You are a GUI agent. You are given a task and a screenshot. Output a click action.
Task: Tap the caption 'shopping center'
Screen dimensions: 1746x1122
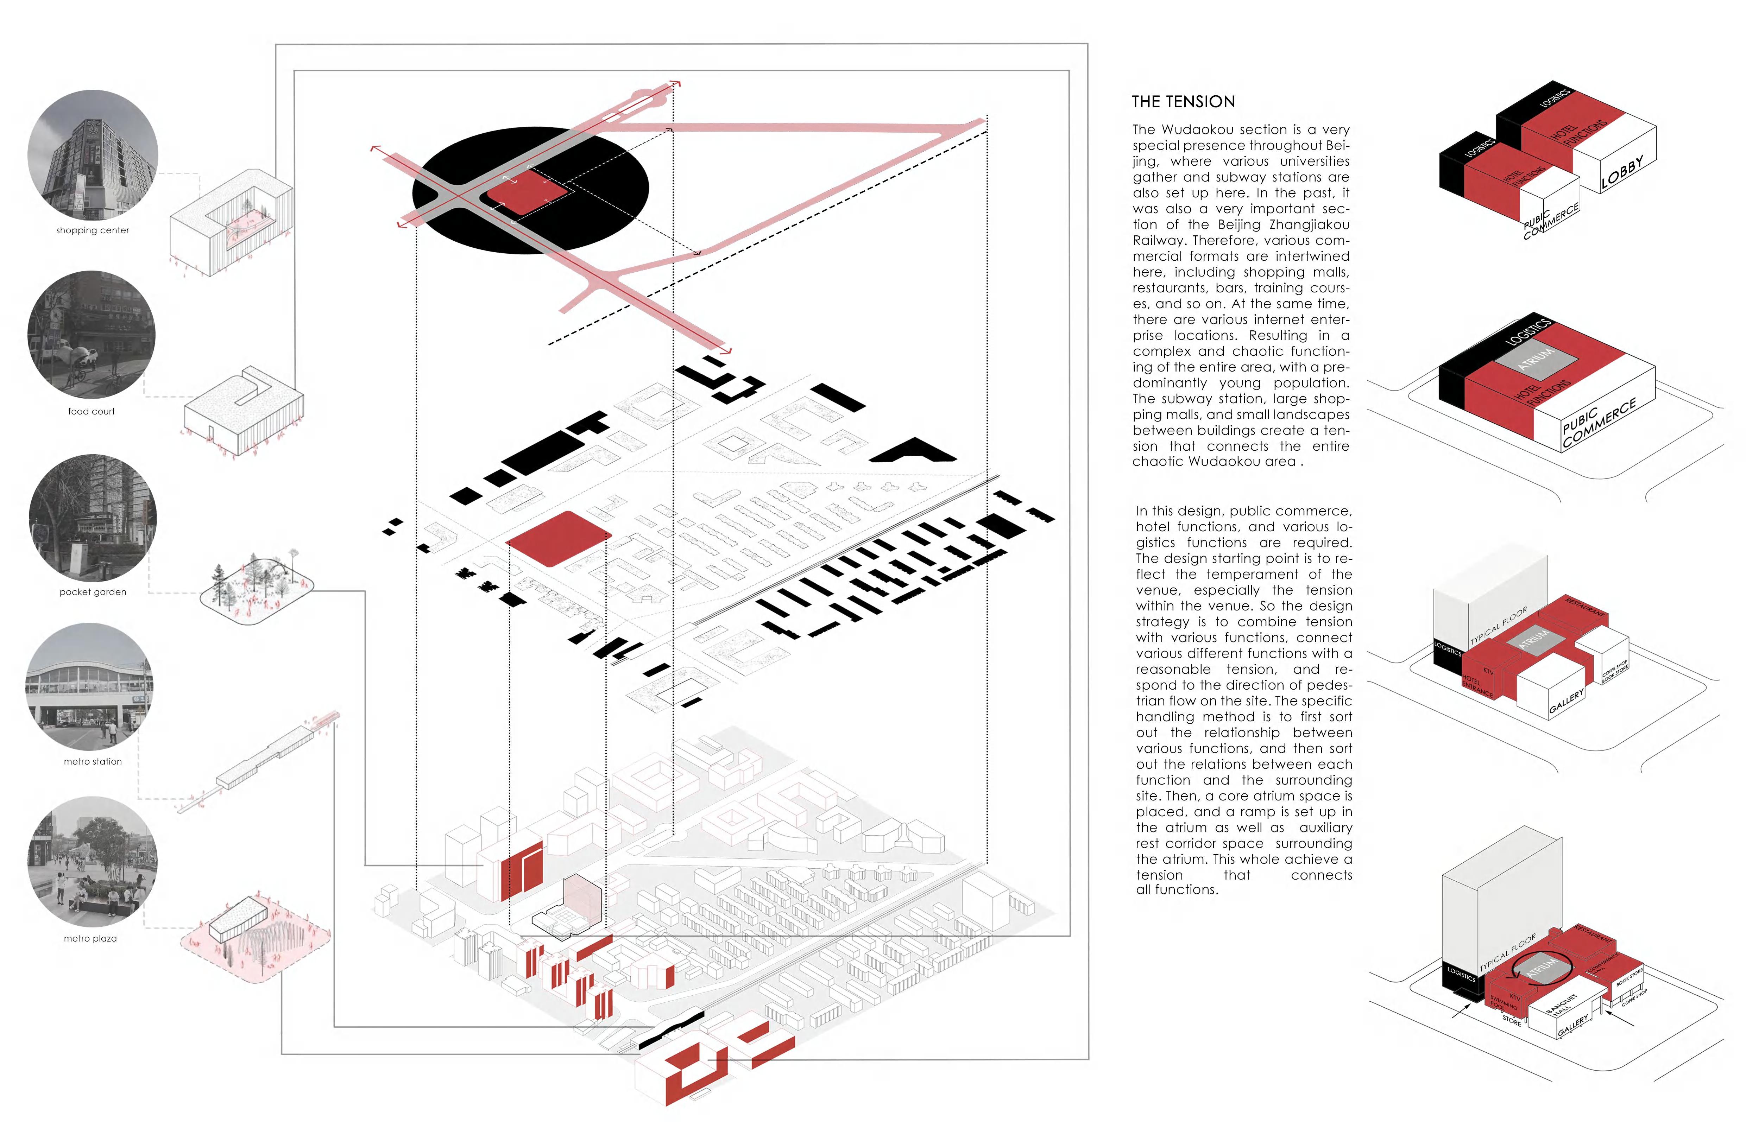[93, 230]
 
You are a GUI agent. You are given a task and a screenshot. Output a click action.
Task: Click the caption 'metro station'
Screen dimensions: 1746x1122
[93, 761]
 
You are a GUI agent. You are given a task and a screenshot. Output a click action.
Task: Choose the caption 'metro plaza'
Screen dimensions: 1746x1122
[90, 938]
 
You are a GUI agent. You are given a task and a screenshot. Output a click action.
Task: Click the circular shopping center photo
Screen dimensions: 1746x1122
[93, 154]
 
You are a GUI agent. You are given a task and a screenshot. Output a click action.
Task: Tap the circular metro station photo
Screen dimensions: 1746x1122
[90, 686]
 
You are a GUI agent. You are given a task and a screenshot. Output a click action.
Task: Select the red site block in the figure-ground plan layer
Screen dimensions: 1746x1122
[557, 538]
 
